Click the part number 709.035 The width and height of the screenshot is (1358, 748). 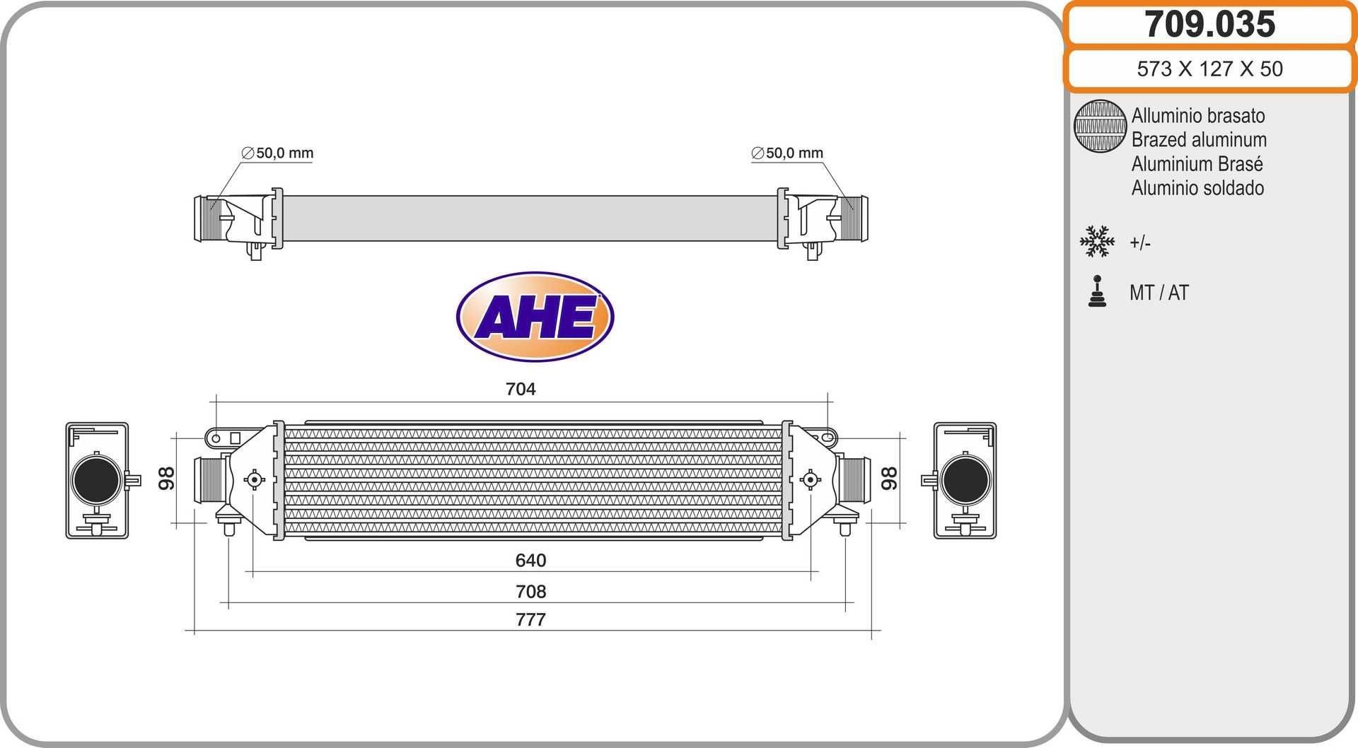pyautogui.click(x=1209, y=24)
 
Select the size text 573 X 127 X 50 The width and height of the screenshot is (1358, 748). pyautogui.click(x=1209, y=69)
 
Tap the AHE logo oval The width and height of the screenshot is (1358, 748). pyautogui.click(x=535, y=317)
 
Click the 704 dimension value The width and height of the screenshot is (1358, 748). pyautogui.click(x=521, y=389)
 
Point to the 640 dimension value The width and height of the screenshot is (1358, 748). pyautogui.click(x=530, y=561)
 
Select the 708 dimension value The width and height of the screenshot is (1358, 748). pyautogui.click(x=530, y=592)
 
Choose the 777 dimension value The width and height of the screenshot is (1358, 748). pyautogui.click(x=530, y=620)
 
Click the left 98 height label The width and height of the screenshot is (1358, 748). pyautogui.click(x=166, y=479)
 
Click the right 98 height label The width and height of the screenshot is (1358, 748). pyautogui.click(x=889, y=479)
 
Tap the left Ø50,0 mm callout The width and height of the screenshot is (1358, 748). pyautogui.click(x=277, y=153)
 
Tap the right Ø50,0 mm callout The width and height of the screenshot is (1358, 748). pyautogui.click(x=787, y=153)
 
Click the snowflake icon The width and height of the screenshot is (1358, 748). pyautogui.click(x=1097, y=242)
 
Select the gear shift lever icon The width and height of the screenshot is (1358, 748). pyautogui.click(x=1097, y=291)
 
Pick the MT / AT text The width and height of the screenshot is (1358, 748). pyautogui.click(x=1159, y=293)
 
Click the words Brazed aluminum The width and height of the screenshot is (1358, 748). pyautogui.click(x=1198, y=140)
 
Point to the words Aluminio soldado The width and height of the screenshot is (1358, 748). pyautogui.click(x=1197, y=188)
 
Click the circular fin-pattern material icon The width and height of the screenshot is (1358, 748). pyautogui.click(x=1099, y=126)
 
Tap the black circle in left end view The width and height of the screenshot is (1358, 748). pyautogui.click(x=96, y=480)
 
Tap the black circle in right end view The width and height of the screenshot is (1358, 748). pyautogui.click(x=965, y=480)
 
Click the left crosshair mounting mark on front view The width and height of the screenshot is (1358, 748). pyautogui.click(x=254, y=480)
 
